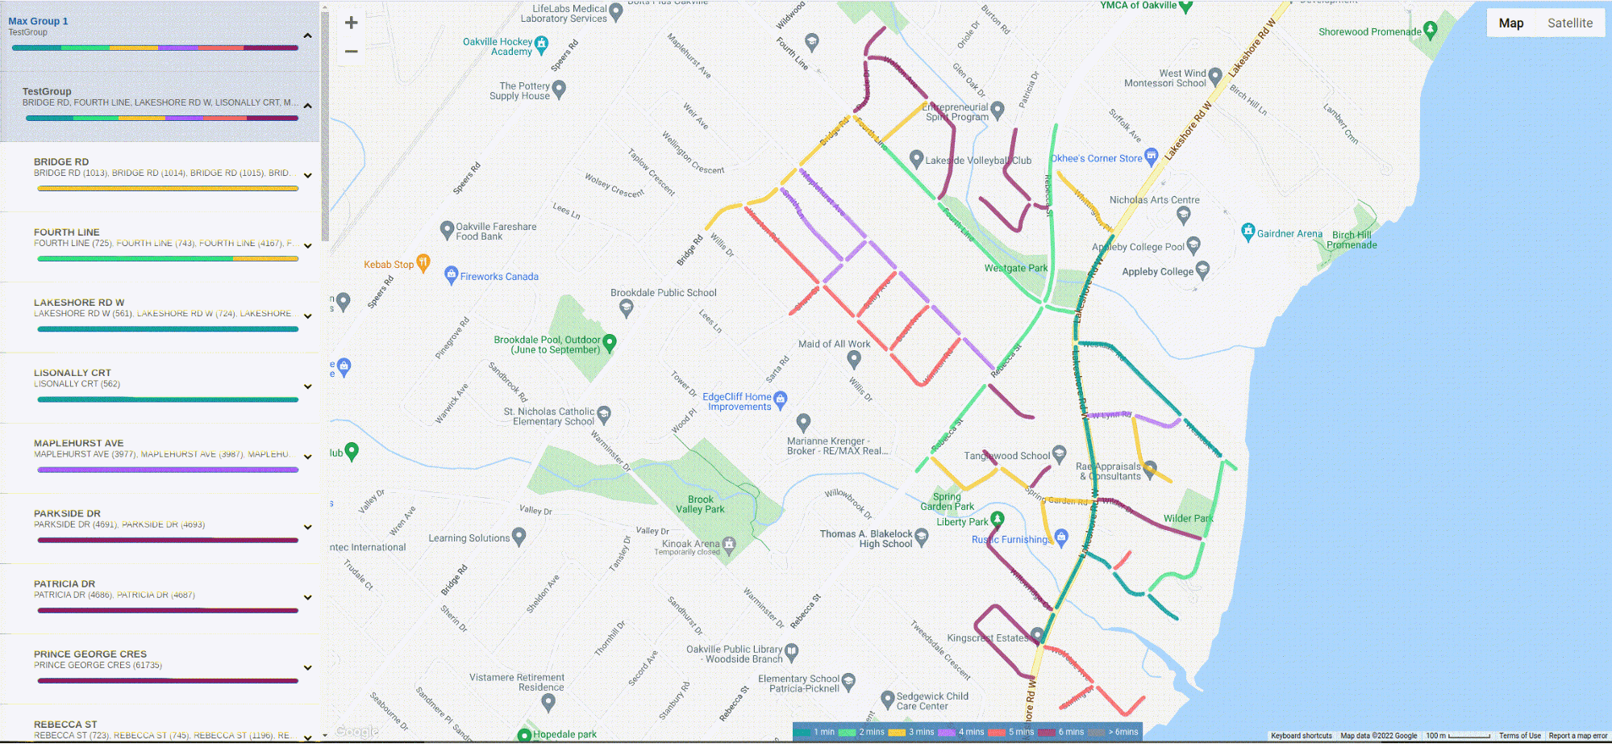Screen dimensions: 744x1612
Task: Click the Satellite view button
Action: [x=1569, y=23]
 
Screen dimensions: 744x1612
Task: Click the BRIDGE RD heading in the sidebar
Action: [x=61, y=162]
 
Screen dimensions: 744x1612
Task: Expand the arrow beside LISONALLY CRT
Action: [x=307, y=387]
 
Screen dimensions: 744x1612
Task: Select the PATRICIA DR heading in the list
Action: [x=65, y=584]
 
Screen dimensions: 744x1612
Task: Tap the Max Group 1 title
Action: [x=38, y=21]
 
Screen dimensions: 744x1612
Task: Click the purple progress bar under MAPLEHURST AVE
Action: [x=168, y=470]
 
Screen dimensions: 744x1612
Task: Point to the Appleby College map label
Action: [x=1157, y=272]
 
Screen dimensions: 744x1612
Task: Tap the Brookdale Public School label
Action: [x=663, y=293]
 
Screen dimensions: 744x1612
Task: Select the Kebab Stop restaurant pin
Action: [x=423, y=262]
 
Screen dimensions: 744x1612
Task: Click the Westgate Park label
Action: [x=1015, y=268]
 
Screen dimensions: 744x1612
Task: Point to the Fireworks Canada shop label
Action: [x=499, y=277]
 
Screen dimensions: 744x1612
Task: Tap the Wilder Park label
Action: [x=1188, y=519]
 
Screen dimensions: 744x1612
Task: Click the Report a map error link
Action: [x=1577, y=736]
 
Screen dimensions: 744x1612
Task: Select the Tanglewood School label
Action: [x=1006, y=456]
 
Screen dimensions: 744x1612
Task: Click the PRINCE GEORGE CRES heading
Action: [x=90, y=654]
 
